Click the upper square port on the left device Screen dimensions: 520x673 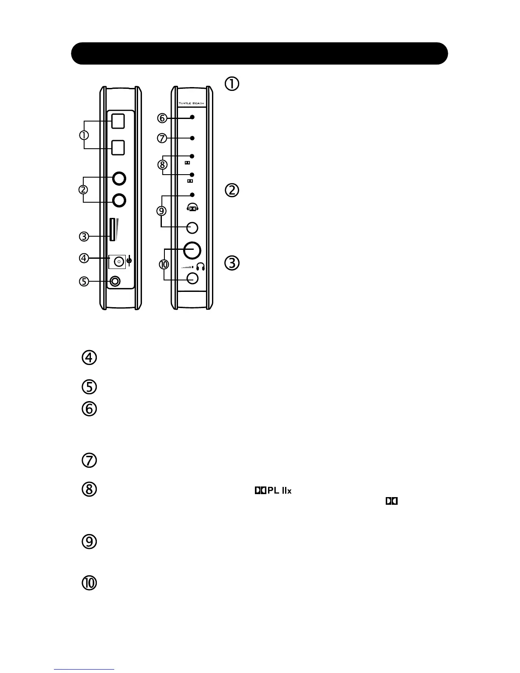(x=118, y=121)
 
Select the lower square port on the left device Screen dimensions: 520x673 (x=118, y=148)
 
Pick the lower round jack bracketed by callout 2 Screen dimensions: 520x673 (x=119, y=199)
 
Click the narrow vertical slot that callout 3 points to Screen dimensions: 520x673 (x=112, y=229)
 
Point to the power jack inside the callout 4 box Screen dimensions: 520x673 (x=119, y=261)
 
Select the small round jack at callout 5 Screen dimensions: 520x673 (x=115, y=281)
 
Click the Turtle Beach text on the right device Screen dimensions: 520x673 (x=191, y=103)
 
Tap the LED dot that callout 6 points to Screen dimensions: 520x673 (x=192, y=117)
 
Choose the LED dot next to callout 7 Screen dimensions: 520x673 (x=192, y=138)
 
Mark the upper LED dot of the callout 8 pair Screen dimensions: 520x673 (x=192, y=156)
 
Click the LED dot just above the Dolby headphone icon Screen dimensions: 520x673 (x=192, y=195)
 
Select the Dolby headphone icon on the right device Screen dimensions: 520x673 (x=192, y=208)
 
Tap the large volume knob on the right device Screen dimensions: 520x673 (x=192, y=250)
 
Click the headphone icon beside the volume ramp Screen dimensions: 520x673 (x=201, y=267)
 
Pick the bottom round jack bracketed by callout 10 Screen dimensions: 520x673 (x=192, y=278)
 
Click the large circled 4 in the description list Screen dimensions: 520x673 (x=89, y=358)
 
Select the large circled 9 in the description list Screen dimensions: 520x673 (x=89, y=542)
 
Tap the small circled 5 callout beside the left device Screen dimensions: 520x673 (x=84, y=281)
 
